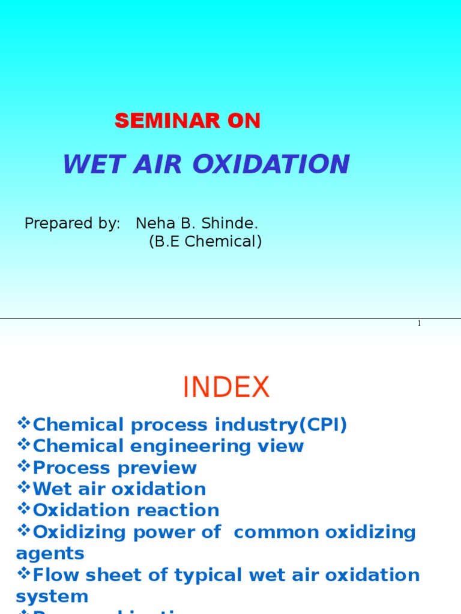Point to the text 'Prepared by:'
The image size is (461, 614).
tap(72, 224)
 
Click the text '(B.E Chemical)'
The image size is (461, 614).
tap(205, 242)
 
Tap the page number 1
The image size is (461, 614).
tap(419, 324)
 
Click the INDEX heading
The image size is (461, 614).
tap(226, 388)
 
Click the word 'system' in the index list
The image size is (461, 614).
tap(52, 597)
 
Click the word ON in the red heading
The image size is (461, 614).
tap(244, 121)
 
